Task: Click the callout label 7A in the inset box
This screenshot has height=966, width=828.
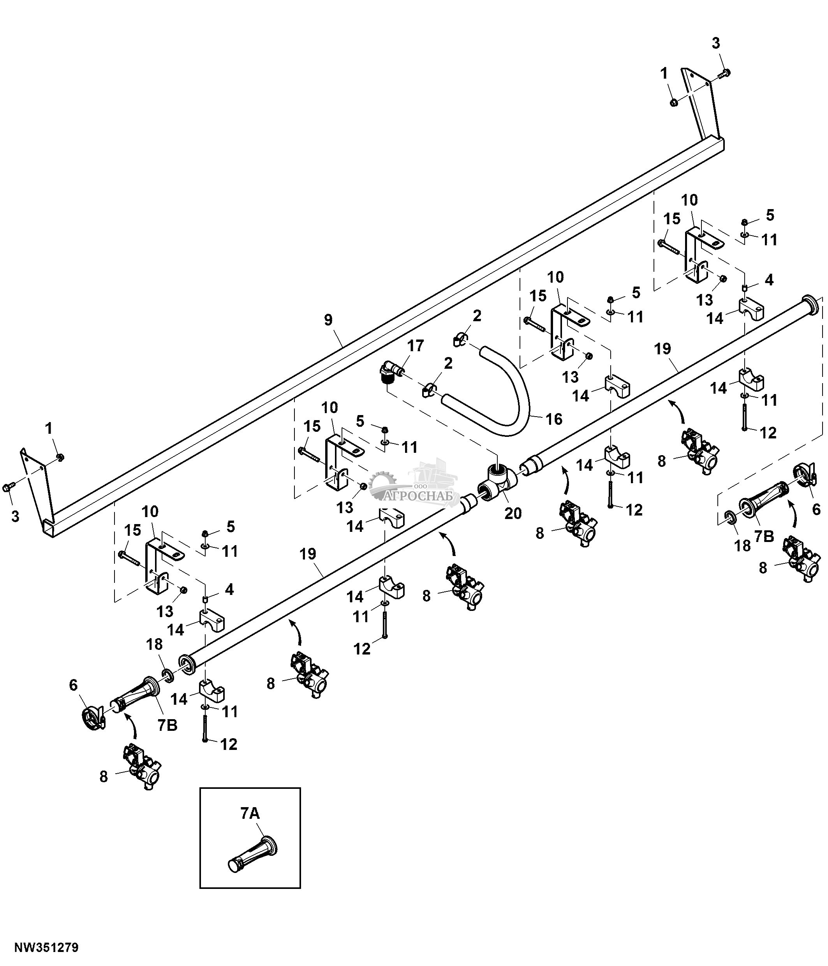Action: [x=250, y=813]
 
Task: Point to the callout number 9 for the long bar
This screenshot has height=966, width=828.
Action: [x=328, y=320]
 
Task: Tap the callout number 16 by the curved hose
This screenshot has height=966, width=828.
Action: [x=554, y=419]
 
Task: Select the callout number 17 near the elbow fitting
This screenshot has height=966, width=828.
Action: [x=416, y=345]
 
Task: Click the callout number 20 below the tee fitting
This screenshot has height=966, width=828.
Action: [x=513, y=513]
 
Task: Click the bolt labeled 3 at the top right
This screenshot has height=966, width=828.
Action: [x=726, y=73]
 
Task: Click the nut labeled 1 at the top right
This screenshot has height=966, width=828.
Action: [x=674, y=102]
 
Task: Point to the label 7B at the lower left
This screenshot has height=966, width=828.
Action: [x=167, y=725]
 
